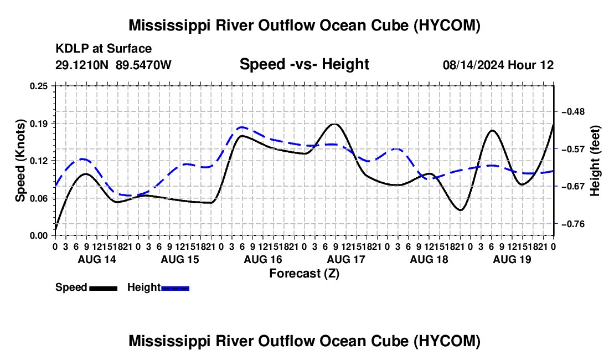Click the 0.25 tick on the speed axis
click(x=39, y=86)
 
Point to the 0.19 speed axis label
click(x=39, y=124)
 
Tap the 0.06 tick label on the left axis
click(x=39, y=198)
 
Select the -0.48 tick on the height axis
click(x=573, y=112)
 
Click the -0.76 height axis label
click(x=573, y=224)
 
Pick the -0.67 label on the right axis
click(x=573, y=187)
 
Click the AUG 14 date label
click(x=97, y=259)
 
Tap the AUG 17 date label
click(x=346, y=259)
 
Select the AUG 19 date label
click(x=512, y=259)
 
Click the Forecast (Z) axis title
click(x=304, y=274)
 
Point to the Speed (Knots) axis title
click(x=20, y=161)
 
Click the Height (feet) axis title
click(x=595, y=161)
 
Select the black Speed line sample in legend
click(x=104, y=288)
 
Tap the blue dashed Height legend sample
click(x=175, y=288)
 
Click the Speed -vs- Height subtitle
click(x=304, y=64)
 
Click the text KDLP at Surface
click(x=104, y=49)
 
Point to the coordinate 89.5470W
click(x=143, y=65)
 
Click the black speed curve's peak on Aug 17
click(x=335, y=124)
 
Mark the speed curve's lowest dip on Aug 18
click(x=460, y=210)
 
